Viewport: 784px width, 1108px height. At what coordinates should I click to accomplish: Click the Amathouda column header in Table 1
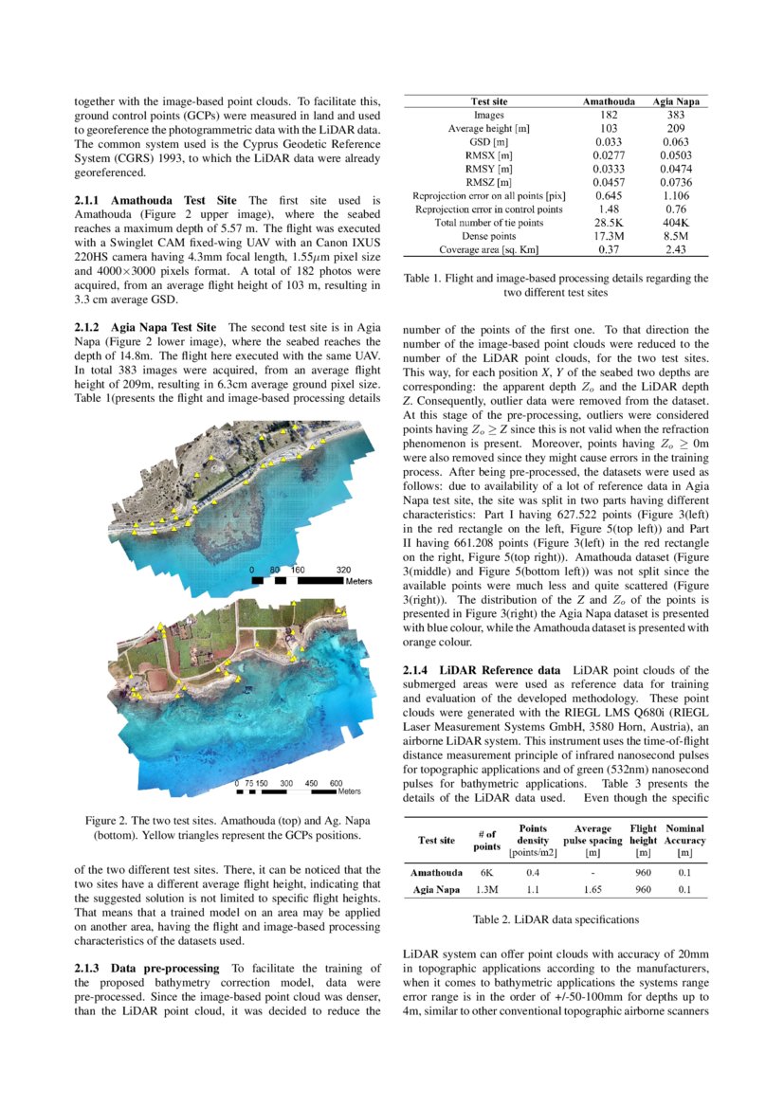[x=608, y=100]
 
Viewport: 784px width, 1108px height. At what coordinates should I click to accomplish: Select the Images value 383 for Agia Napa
[x=675, y=114]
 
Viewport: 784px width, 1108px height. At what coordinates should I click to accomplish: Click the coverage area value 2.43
[x=675, y=249]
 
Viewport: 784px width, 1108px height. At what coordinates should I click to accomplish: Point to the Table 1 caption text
[x=556, y=286]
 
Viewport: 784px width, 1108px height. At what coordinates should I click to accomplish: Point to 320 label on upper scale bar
[x=343, y=571]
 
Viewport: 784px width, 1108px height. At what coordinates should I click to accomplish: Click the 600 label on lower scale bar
[x=336, y=783]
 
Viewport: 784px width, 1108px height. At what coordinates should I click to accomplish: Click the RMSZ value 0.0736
[x=675, y=181]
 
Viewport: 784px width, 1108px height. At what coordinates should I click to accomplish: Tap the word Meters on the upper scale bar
[x=358, y=580]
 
